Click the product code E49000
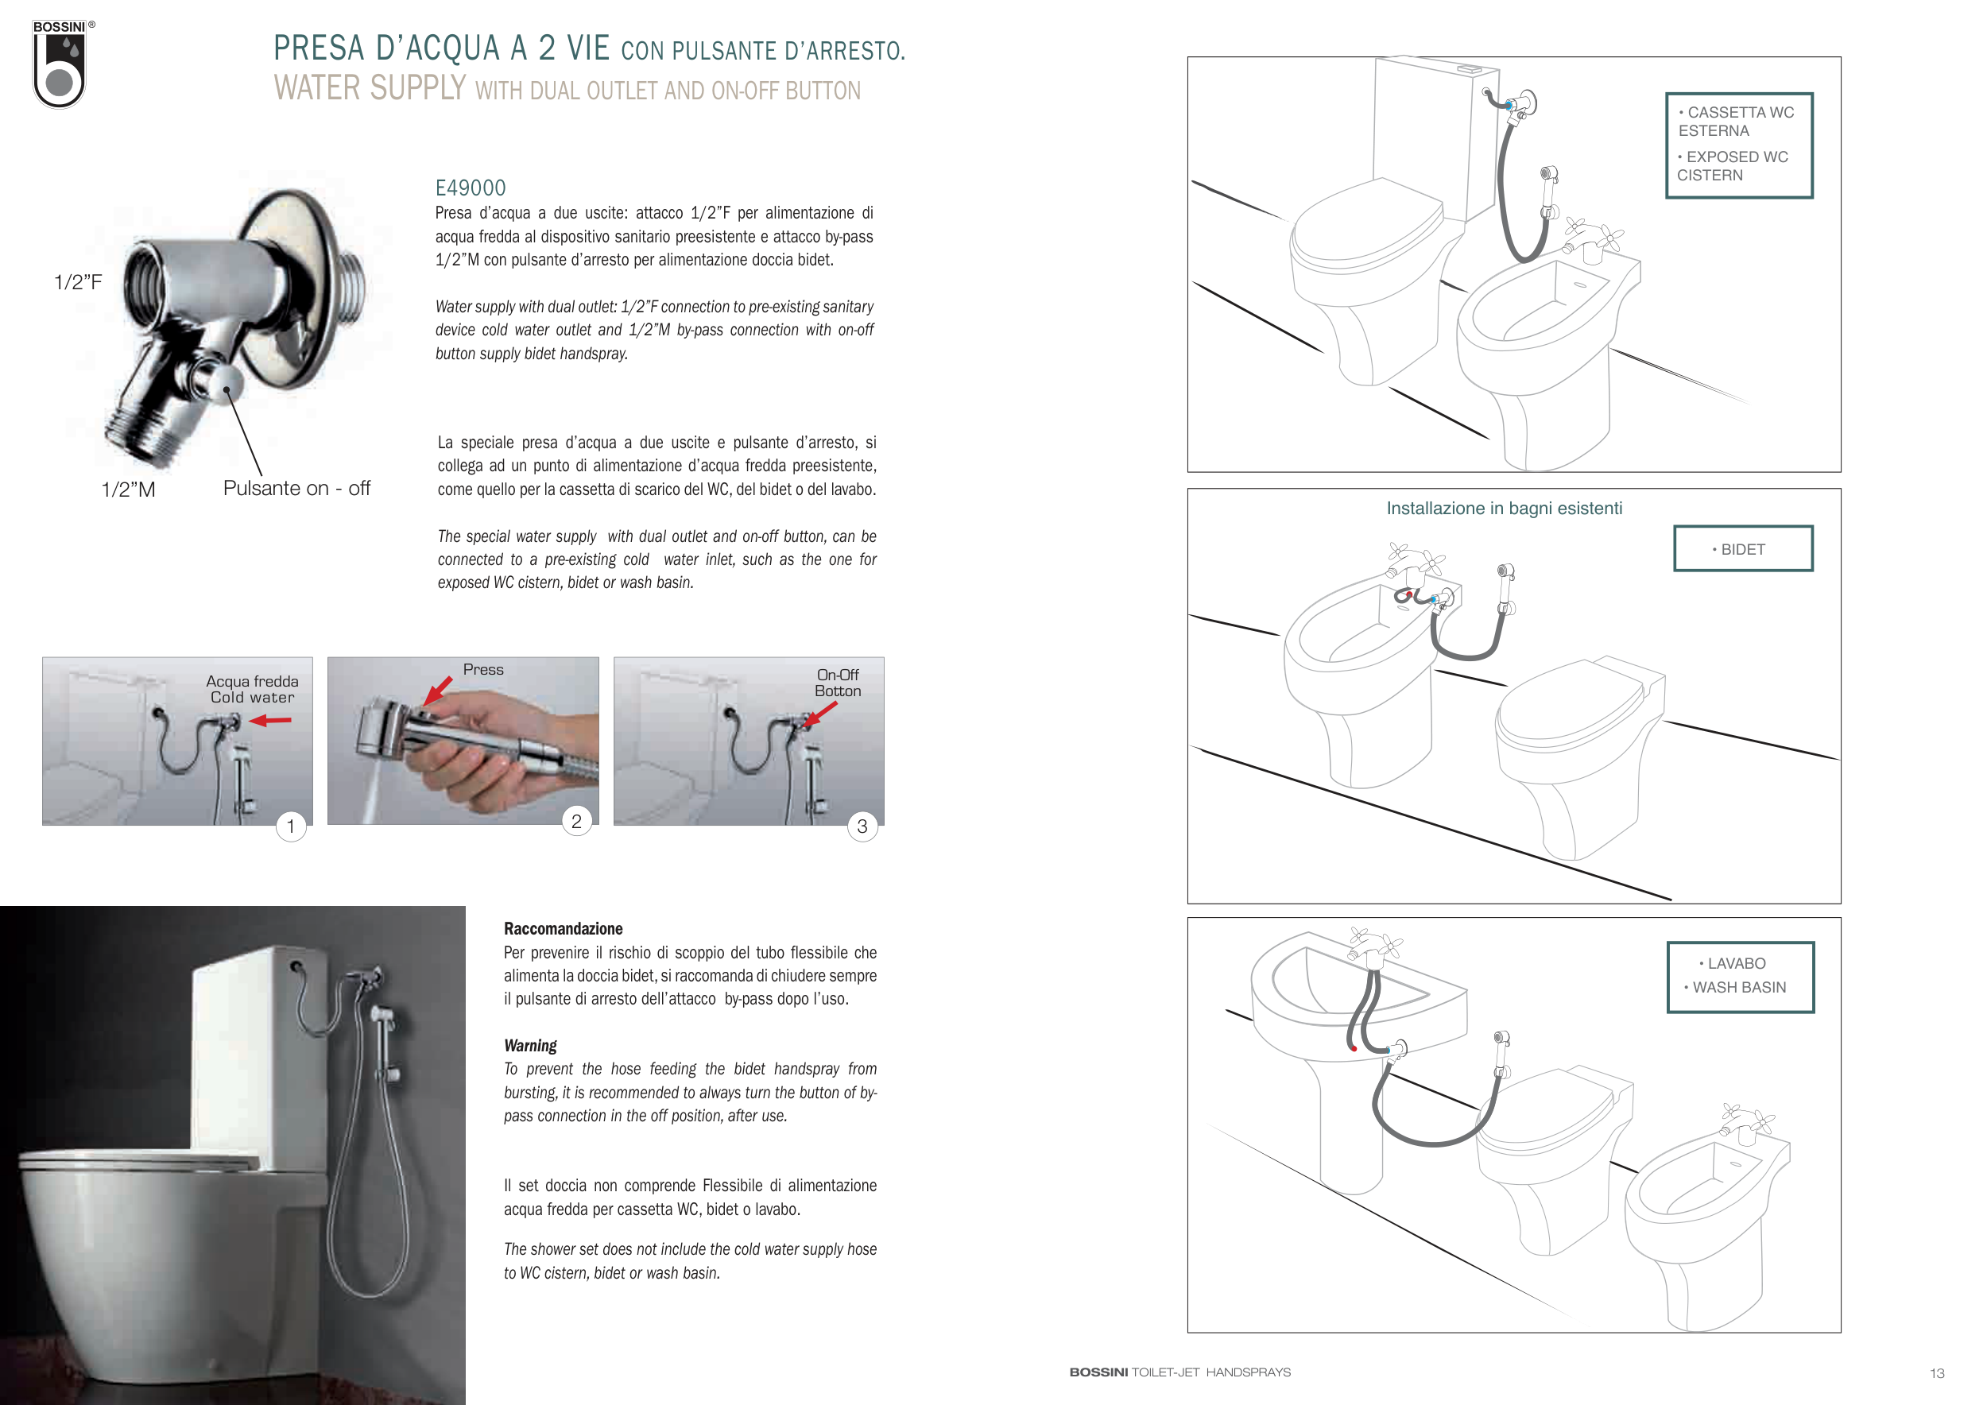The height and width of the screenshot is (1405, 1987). (470, 188)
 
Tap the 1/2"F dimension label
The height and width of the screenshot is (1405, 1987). (78, 282)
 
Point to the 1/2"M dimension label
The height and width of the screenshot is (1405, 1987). (128, 489)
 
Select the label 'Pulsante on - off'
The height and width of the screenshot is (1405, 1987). (296, 488)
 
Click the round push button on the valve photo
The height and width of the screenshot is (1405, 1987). (223, 382)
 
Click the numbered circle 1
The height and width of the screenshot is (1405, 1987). (291, 826)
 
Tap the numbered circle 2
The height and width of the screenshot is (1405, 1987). (576, 821)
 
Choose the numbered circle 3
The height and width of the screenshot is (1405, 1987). (862, 826)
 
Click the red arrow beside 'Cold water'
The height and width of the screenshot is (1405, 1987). (270, 720)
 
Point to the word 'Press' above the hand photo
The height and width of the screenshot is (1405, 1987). (483, 670)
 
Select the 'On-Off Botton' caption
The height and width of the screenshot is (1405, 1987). (838, 683)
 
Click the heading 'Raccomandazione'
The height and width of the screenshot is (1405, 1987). (564, 928)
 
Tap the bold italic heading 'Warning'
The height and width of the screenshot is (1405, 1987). (530, 1045)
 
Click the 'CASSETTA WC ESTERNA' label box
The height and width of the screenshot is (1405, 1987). (1739, 145)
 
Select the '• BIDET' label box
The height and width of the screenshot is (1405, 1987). (1743, 548)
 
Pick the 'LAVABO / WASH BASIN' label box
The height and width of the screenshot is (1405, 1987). (1741, 977)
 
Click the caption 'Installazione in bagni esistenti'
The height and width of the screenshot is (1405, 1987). (1504, 509)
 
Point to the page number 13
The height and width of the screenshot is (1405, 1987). (1937, 1373)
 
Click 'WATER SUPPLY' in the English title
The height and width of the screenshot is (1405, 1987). (370, 87)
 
